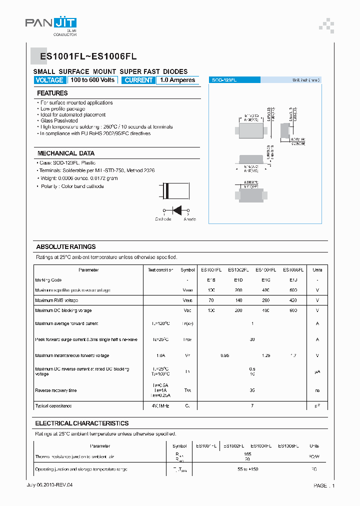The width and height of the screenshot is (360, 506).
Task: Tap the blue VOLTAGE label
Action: [x=49, y=80]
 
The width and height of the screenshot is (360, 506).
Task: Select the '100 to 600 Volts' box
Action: [x=92, y=80]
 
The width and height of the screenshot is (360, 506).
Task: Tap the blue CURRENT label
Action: [x=138, y=80]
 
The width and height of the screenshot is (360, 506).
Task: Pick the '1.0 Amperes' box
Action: [x=178, y=80]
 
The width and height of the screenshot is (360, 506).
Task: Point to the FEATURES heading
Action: [x=52, y=93]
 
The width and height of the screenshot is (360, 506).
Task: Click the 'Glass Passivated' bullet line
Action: [x=59, y=120]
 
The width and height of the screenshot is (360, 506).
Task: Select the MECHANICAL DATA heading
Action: [x=66, y=153]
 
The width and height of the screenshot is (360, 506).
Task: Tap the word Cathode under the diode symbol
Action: [x=163, y=219]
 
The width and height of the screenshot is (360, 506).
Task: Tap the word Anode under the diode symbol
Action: [x=190, y=219]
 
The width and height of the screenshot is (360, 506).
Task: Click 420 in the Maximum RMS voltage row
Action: [x=292, y=300]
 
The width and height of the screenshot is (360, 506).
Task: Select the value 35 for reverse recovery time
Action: [x=252, y=390]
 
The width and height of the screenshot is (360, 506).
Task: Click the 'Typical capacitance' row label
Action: [x=53, y=405]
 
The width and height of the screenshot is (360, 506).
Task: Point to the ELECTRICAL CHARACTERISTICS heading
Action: [x=82, y=423]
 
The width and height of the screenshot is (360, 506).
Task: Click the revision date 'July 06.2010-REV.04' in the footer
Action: [x=52, y=485]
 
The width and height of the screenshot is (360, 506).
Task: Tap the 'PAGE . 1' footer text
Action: [x=324, y=485]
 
